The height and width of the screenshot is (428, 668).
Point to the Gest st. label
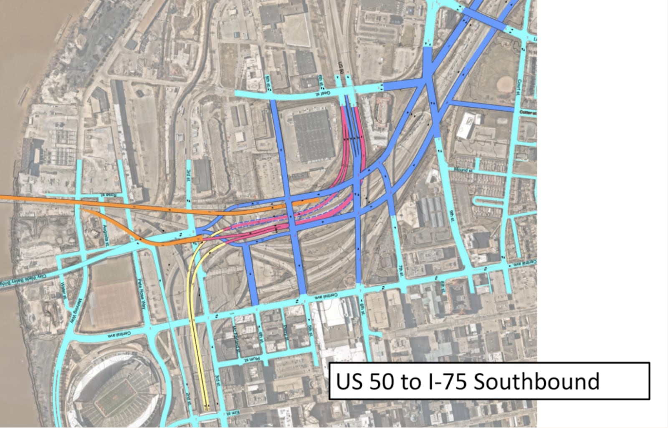324,94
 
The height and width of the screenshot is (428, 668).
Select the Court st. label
520,88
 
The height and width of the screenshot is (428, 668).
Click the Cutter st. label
528,113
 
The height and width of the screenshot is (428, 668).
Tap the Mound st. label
463,170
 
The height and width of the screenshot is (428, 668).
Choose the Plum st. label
252,359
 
